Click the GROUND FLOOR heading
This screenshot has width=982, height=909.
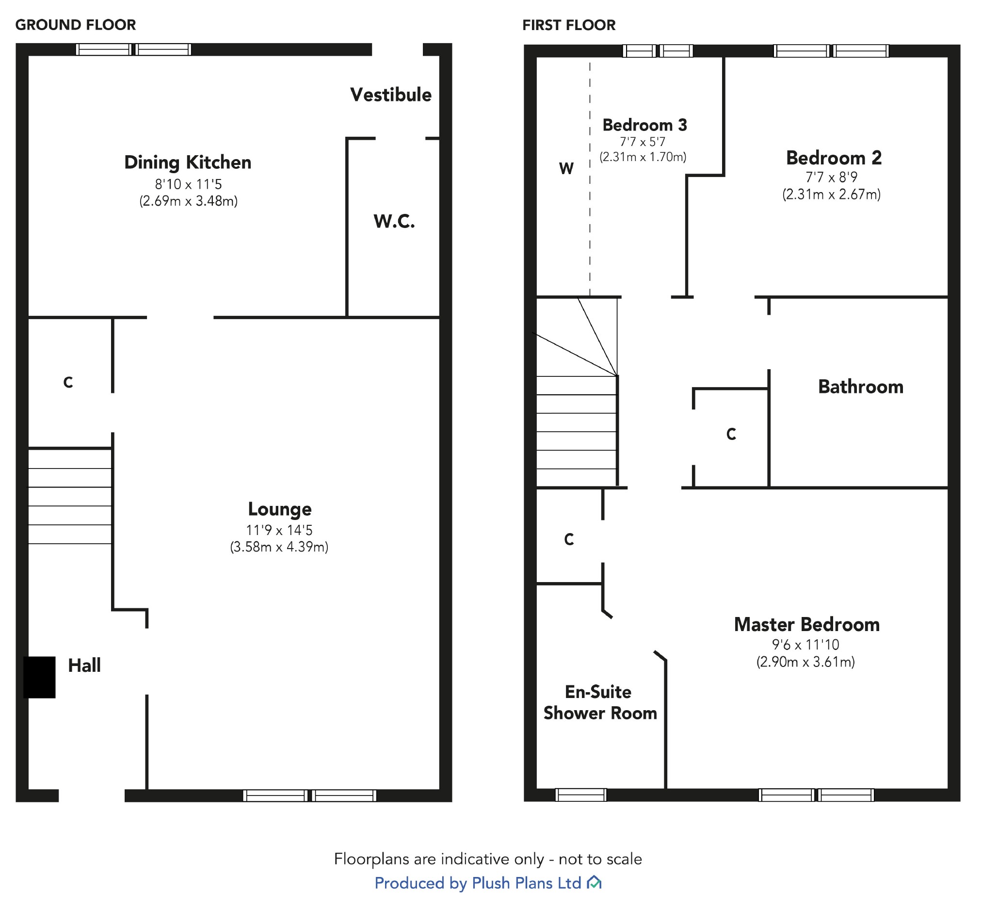pyautogui.click(x=75, y=25)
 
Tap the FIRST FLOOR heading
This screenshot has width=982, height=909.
pyautogui.click(x=568, y=25)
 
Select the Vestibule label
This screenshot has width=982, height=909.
pyautogui.click(x=390, y=95)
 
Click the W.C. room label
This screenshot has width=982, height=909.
pyautogui.click(x=394, y=221)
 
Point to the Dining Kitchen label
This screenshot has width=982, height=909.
pyautogui.click(x=187, y=162)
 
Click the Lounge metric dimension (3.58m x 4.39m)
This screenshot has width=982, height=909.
pyautogui.click(x=279, y=547)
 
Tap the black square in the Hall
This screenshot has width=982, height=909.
pyautogui.click(x=39, y=677)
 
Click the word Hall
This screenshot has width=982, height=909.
pyautogui.click(x=84, y=666)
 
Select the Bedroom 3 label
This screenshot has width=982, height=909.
pyautogui.click(x=644, y=125)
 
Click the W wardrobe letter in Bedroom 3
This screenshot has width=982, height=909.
pyautogui.click(x=566, y=169)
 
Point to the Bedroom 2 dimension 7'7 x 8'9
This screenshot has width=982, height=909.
pyautogui.click(x=831, y=177)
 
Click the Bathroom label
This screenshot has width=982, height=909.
pyautogui.click(x=860, y=387)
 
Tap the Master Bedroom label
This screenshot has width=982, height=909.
pyautogui.click(x=806, y=625)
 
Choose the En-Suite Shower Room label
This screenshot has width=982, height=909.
pyautogui.click(x=599, y=702)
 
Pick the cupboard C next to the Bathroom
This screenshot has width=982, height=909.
pyautogui.click(x=731, y=434)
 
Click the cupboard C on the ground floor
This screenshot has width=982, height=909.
pyautogui.click(x=68, y=382)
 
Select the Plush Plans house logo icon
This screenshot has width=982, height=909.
pyautogui.click(x=594, y=883)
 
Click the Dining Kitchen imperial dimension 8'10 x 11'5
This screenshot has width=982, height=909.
pyautogui.click(x=188, y=184)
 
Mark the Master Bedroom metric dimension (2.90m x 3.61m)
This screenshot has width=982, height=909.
pyautogui.click(x=805, y=662)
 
